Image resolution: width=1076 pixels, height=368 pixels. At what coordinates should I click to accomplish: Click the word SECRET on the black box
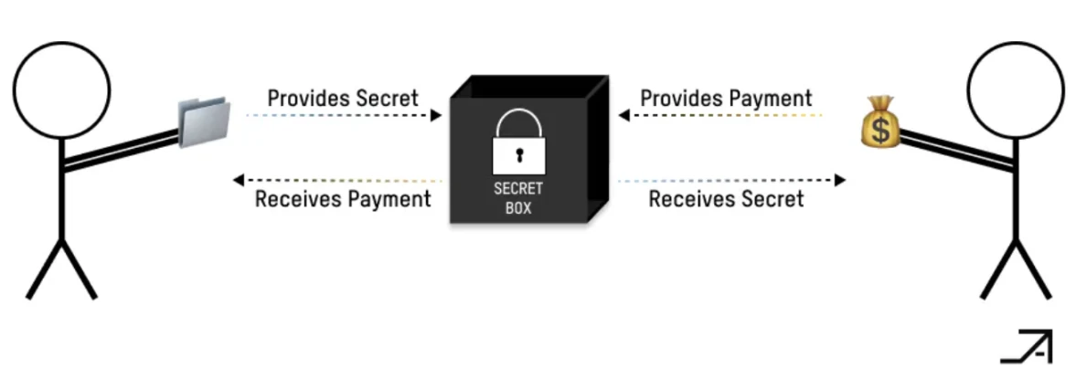pos(518,189)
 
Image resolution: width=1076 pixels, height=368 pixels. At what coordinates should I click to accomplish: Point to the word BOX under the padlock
pos(518,207)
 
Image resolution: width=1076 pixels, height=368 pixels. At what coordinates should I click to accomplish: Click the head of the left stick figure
pos(61,89)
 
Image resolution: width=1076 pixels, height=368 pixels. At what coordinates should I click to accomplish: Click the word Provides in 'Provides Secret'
pos(304,98)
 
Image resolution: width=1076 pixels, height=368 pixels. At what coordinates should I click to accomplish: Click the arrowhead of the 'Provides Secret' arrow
pos(437,116)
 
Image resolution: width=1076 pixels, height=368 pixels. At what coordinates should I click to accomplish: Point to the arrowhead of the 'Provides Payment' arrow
pos(623,116)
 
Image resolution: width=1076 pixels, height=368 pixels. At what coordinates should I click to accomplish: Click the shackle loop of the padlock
pos(518,123)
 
